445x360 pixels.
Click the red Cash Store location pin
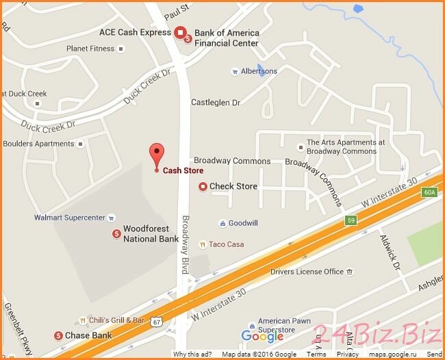[157, 155]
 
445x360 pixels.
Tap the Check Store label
[233, 186]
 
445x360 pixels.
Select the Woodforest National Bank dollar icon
[117, 234]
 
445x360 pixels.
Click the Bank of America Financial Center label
[227, 38]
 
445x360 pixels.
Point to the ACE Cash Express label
[135, 32]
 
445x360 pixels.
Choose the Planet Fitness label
[91, 49]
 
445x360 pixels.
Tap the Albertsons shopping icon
[234, 71]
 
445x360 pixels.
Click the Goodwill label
[243, 223]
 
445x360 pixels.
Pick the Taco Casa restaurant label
[227, 244]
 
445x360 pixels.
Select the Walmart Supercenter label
[70, 218]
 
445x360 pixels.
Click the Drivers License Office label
[307, 272]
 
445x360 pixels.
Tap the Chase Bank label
[88, 335]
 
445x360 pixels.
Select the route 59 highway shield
[351, 220]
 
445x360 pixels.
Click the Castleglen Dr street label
[216, 102]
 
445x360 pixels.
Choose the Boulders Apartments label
[38, 144]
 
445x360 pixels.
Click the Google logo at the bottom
[262, 336]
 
